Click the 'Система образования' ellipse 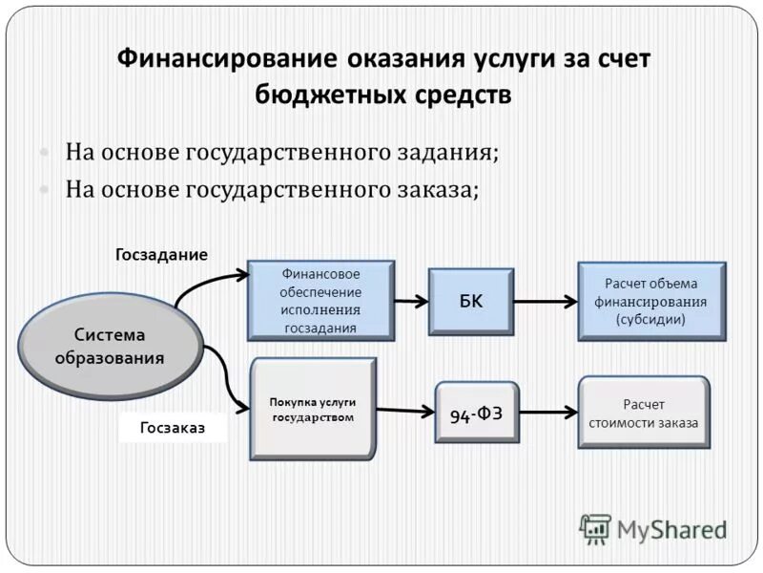pyautogui.click(x=109, y=346)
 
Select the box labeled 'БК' pyautogui.click(x=470, y=302)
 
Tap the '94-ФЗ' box pyautogui.click(x=477, y=413)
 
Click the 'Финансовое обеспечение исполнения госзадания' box pyautogui.click(x=320, y=301)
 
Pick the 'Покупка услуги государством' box pyautogui.click(x=312, y=410)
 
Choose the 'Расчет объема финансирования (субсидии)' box pyautogui.click(x=651, y=302)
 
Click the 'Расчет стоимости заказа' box pyautogui.click(x=644, y=413)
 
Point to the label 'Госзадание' pyautogui.click(x=161, y=255)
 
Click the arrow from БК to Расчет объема pyautogui.click(x=546, y=302)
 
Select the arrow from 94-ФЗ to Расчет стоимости pyautogui.click(x=549, y=413)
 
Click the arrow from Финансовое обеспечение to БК pyautogui.click(x=411, y=301)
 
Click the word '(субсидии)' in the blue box pyautogui.click(x=651, y=320)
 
